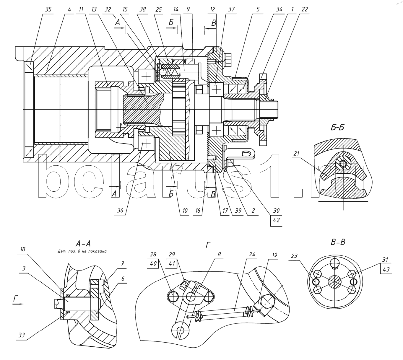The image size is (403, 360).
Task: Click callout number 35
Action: click(48, 9)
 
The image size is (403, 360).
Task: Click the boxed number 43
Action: click(386, 269)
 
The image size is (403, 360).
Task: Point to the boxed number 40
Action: click(153, 263)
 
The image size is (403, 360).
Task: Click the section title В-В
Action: click(338, 242)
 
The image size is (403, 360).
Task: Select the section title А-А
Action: click(83, 244)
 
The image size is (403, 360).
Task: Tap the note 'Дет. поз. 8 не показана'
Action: click(82, 252)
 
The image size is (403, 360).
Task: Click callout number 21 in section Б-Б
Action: click(297, 153)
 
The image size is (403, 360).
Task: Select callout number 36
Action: click(120, 211)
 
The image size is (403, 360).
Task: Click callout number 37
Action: click(231, 9)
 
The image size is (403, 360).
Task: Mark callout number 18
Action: click(23, 249)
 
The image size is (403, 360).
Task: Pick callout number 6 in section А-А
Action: click(123, 278)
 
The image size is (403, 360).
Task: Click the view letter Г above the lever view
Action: click(208, 245)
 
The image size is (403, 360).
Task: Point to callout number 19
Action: click(274, 255)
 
